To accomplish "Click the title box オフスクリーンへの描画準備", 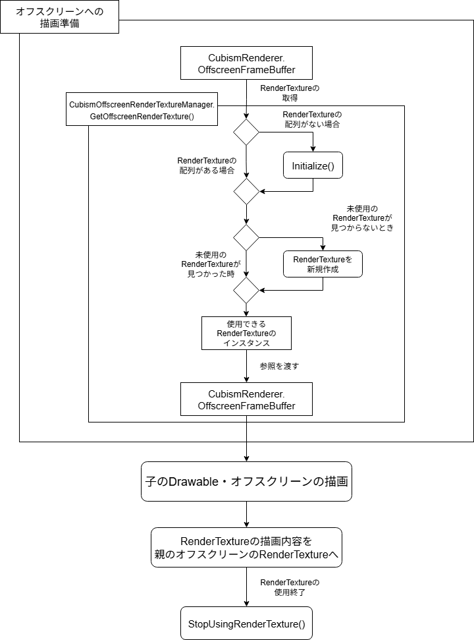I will [59, 17].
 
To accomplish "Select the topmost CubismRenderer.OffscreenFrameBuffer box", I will [246, 63].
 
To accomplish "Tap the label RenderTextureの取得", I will [290, 93].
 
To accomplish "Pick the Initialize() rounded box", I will [313, 166].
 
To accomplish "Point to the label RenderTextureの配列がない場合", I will [313, 119].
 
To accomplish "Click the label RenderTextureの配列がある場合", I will [207, 165].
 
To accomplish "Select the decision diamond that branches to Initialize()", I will [246, 132].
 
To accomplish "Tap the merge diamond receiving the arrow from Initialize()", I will [246, 191].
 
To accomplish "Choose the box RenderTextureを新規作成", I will [323, 264].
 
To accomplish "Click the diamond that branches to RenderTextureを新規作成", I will [246, 237].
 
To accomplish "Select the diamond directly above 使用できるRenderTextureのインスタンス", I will [246, 290].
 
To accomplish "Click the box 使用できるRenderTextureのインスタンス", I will [246, 334].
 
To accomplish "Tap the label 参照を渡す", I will [279, 366].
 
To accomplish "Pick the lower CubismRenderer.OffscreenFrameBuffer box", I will [246, 399].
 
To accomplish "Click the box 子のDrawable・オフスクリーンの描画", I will [246, 481].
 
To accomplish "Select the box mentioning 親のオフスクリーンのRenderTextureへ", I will [246, 548].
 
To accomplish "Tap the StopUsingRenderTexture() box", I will [246, 624].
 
